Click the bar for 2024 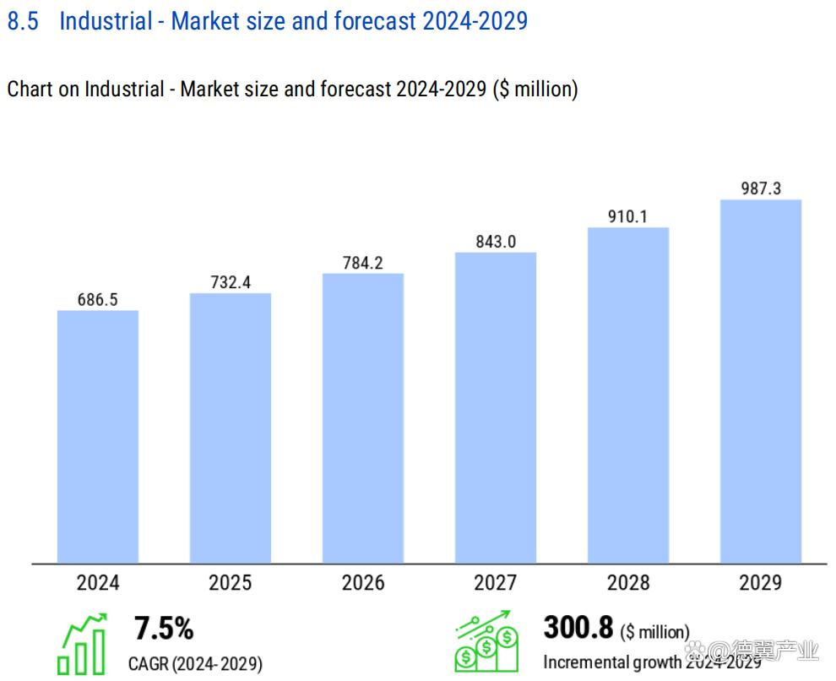point(98,436)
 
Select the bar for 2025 point(231,428)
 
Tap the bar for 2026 point(363,418)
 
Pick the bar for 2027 point(496,407)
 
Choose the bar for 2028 point(628,395)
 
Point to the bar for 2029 point(761,381)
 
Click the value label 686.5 point(98,299)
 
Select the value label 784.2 point(363,263)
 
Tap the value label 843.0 point(496,242)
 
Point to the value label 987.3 point(761,188)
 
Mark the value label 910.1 point(628,216)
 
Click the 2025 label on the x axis point(231,583)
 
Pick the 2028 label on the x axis point(628,583)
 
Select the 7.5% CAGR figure point(164,629)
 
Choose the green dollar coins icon point(486,642)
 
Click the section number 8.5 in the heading point(23,21)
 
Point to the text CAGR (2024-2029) point(195,662)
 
